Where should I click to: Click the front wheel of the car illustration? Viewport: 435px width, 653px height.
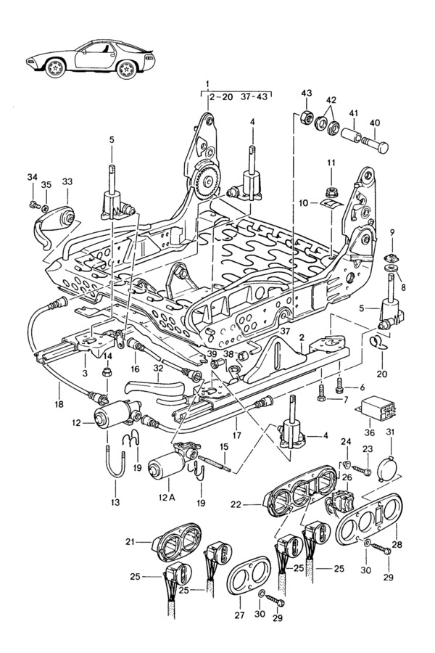57,69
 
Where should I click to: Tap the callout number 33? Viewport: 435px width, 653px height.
67,181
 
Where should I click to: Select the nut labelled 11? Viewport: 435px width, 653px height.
330,192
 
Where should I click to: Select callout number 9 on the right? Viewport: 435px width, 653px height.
392,231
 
